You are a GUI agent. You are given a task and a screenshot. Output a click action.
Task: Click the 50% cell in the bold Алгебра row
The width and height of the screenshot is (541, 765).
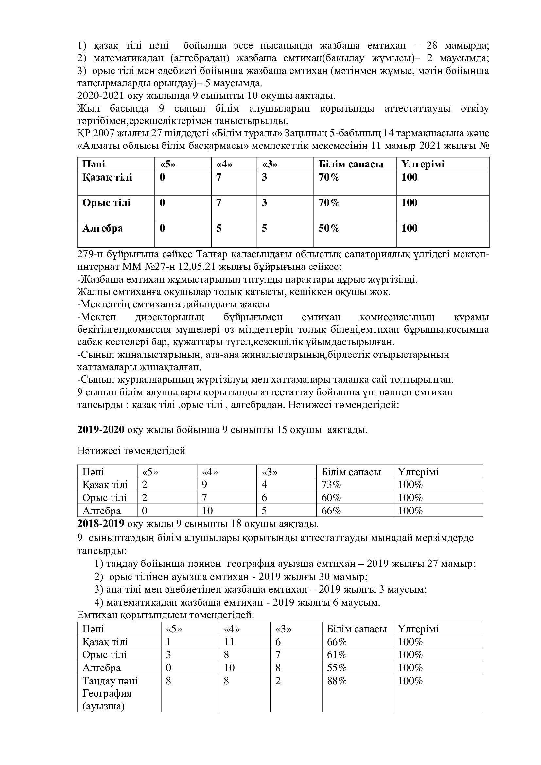point(329,228)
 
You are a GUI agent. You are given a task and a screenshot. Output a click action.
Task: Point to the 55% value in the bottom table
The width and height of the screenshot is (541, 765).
point(337,668)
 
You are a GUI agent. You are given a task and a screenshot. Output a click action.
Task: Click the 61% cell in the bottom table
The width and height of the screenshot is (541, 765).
point(337,655)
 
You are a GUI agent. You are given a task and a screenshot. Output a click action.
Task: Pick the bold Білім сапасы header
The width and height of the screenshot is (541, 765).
point(351,164)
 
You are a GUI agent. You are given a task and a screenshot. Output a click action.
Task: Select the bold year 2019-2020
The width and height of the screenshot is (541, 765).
point(101,430)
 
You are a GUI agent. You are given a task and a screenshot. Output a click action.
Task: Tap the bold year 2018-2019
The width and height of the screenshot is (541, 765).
point(101,524)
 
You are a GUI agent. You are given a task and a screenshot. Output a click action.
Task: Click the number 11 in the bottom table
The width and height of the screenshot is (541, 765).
point(229,642)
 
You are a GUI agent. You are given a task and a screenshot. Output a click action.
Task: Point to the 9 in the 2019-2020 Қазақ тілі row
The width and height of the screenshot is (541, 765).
point(204,484)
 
